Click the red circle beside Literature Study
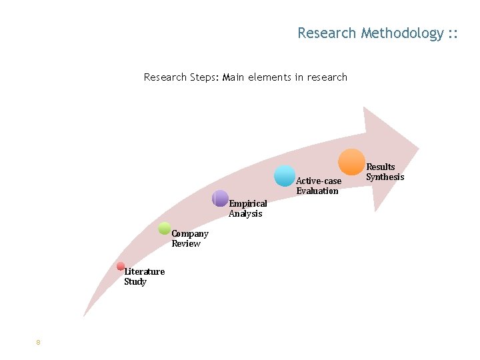(x=121, y=266)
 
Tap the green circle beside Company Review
(x=165, y=228)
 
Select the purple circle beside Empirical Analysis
(x=220, y=198)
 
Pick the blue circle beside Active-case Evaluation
(x=285, y=175)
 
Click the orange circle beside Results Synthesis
(x=351, y=162)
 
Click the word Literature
(x=145, y=271)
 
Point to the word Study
(x=135, y=281)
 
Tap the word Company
(x=190, y=233)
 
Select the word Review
(x=186, y=243)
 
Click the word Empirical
(x=248, y=203)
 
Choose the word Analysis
(x=245, y=213)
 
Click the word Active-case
(x=319, y=181)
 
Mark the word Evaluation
(x=317, y=191)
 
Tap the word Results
(x=381, y=167)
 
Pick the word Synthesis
(x=385, y=177)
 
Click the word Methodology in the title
(x=403, y=33)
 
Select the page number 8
(x=39, y=343)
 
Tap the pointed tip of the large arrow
(x=419, y=147)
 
